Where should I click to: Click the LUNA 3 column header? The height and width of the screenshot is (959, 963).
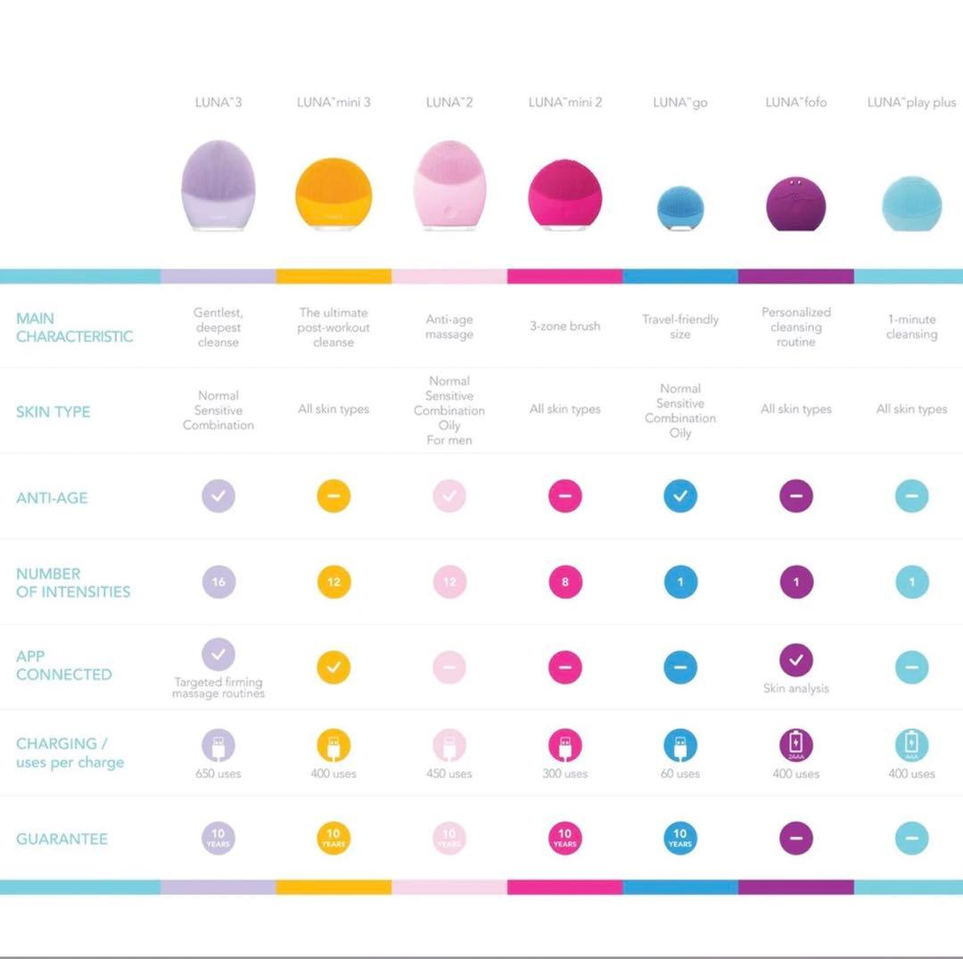click(218, 103)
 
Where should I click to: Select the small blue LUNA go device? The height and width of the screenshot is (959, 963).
click(680, 207)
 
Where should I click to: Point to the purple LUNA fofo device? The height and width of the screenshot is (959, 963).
click(795, 202)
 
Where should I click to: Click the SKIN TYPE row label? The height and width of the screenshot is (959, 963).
click(53, 412)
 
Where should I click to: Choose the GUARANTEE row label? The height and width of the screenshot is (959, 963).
click(62, 839)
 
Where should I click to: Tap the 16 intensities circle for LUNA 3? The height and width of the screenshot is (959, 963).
click(218, 583)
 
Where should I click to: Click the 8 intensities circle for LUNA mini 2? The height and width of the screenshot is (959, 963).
click(565, 583)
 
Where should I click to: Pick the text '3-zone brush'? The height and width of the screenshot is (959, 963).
click(565, 327)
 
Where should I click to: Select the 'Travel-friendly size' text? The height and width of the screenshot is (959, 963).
click(680, 327)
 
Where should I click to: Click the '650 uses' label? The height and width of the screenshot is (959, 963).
click(218, 773)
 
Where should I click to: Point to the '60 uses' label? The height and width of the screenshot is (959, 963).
click(680, 773)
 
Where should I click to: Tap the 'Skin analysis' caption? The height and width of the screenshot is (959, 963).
click(796, 689)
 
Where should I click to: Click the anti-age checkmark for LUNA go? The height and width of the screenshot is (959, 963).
click(680, 496)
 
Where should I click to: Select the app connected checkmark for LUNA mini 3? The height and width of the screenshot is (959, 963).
click(333, 667)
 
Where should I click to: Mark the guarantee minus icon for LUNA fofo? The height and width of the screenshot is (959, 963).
click(796, 839)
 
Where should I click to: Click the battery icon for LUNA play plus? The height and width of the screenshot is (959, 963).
click(911, 745)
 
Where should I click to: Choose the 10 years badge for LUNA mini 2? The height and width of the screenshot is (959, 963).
click(565, 839)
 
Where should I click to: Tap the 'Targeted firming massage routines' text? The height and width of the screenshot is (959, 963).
click(218, 688)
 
